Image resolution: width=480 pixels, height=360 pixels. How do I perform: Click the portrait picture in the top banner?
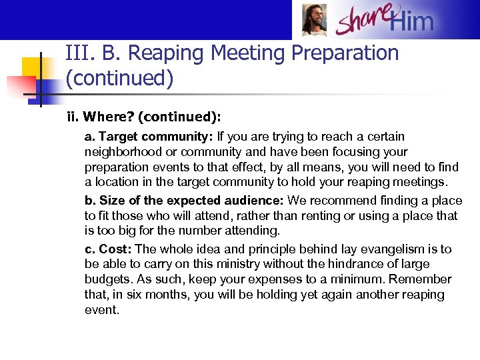(314, 20)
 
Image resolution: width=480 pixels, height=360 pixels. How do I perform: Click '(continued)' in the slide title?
(119, 79)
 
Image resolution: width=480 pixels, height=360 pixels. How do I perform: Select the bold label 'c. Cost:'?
(108, 249)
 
